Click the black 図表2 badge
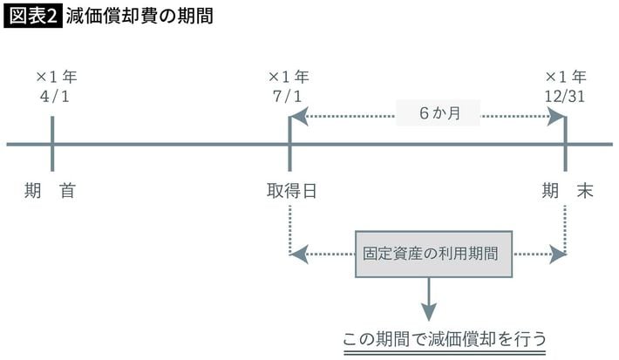click(x=32, y=17)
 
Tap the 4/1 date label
click(x=53, y=96)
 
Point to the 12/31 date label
click(x=564, y=96)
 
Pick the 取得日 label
click(x=291, y=191)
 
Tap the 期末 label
click(x=566, y=191)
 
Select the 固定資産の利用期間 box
click(x=432, y=255)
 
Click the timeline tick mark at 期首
click(x=52, y=144)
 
